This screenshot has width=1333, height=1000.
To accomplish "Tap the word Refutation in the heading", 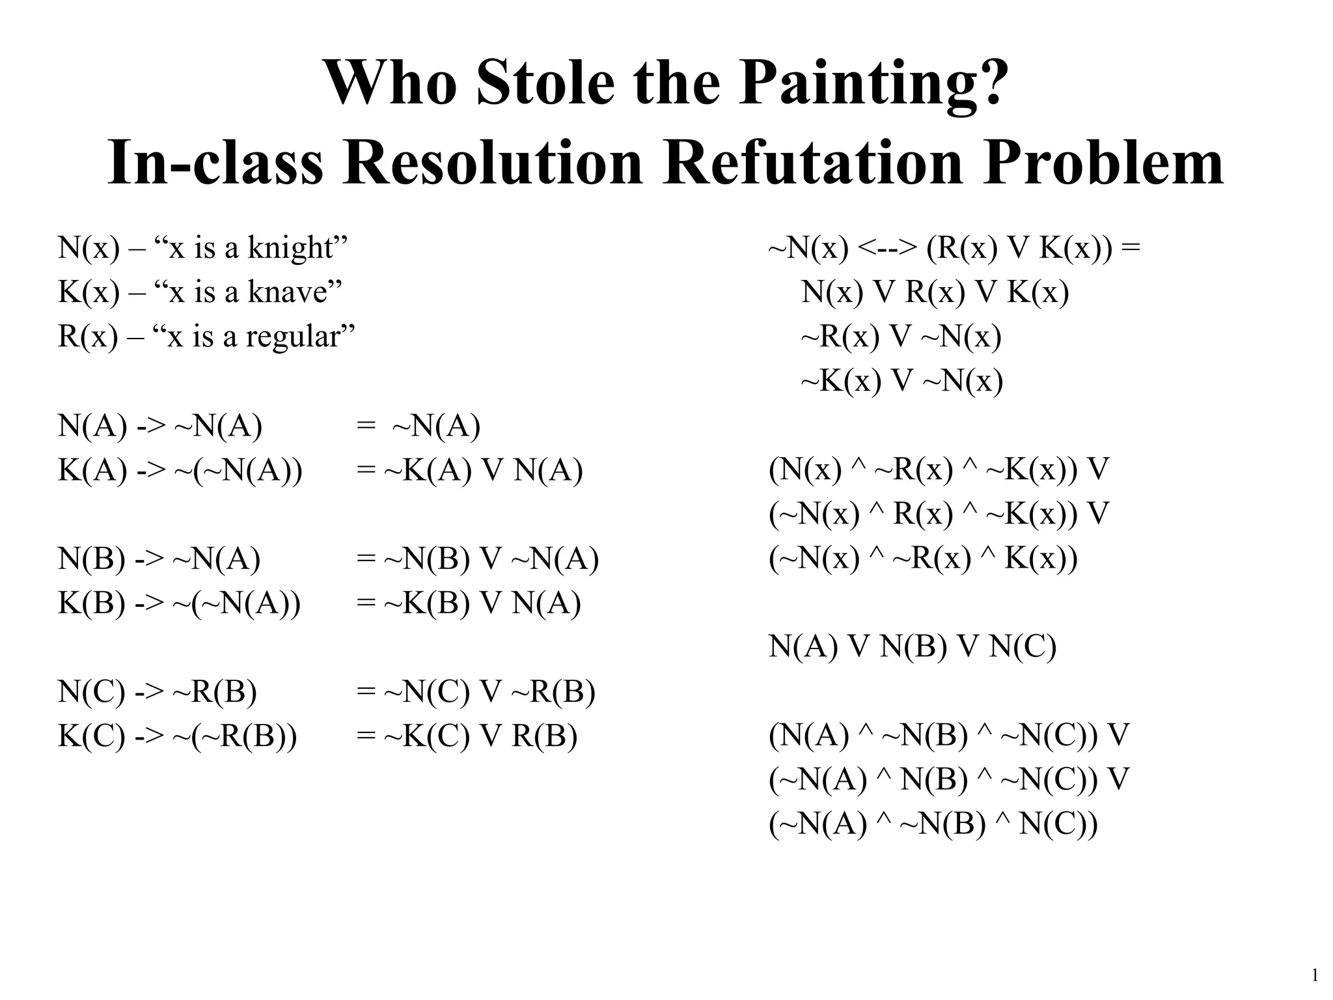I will [x=812, y=163].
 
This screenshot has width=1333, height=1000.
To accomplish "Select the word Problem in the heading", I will [x=1103, y=163].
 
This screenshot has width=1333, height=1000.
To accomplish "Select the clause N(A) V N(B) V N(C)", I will [x=912, y=647].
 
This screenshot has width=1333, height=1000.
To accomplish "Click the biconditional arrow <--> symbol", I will [x=888, y=249].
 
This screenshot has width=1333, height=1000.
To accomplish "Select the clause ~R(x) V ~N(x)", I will [x=901, y=337].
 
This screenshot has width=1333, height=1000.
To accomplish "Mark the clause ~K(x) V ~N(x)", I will [x=901, y=382].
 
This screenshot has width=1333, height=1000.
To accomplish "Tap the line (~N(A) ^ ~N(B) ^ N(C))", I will [x=933, y=824].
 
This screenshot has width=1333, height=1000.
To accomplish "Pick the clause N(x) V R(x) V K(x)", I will [x=935, y=293].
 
